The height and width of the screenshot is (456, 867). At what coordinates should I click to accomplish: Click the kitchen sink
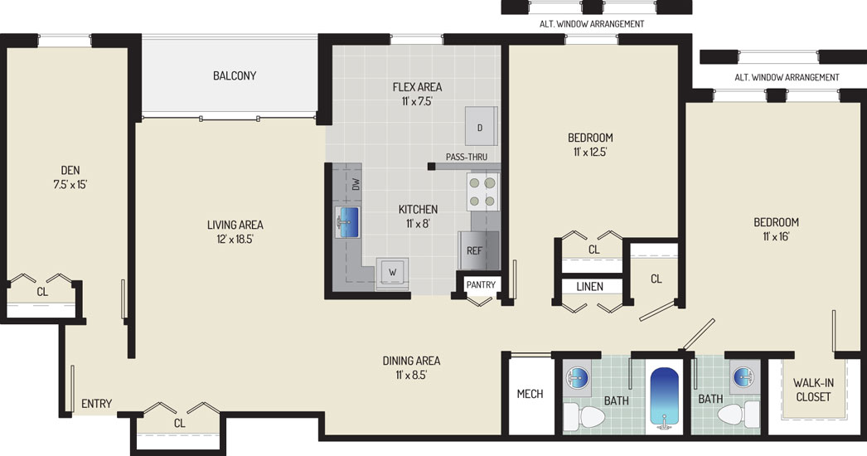(x=347, y=222)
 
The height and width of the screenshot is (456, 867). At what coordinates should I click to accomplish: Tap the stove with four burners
(x=482, y=192)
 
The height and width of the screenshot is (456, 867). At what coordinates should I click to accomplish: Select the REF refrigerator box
(x=479, y=250)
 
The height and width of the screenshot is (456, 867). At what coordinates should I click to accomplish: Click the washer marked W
(x=393, y=272)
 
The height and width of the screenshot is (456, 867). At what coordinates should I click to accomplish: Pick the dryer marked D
(x=481, y=127)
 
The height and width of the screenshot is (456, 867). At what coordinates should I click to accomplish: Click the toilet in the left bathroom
(x=584, y=416)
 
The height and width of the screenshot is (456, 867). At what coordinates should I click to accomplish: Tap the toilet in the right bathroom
(x=739, y=415)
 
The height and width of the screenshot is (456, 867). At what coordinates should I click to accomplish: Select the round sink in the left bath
(x=577, y=376)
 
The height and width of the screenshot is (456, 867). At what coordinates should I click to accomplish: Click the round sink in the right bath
(x=743, y=376)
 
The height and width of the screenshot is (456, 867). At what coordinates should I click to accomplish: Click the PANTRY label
(x=481, y=284)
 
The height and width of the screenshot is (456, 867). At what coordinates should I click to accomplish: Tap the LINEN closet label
(x=589, y=287)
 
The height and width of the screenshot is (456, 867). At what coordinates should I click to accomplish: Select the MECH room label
(x=530, y=394)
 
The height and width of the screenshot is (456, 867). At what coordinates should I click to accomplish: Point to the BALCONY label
(x=235, y=75)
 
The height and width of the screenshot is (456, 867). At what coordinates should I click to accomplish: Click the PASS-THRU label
(x=467, y=158)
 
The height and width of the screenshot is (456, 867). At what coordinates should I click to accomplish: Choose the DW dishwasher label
(x=356, y=184)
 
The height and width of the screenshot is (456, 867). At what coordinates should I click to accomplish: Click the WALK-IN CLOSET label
(x=813, y=390)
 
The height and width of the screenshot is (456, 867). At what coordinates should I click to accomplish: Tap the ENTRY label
(x=97, y=404)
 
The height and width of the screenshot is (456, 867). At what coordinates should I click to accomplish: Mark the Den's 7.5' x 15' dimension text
(x=70, y=185)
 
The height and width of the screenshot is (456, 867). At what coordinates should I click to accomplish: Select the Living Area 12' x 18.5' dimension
(x=235, y=239)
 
